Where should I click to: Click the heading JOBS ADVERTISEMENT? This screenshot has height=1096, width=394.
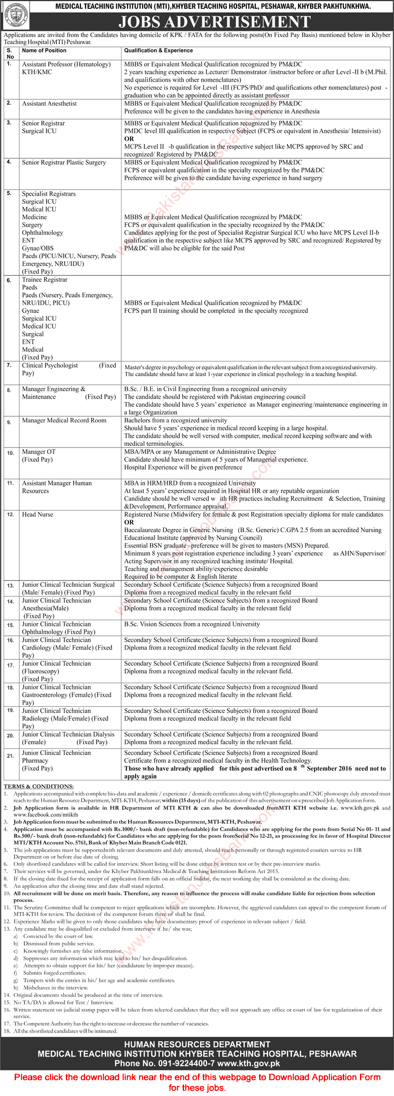[x=215, y=22]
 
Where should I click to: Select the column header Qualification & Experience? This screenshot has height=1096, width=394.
[x=158, y=51]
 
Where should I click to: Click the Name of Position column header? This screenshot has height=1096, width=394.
[x=44, y=51]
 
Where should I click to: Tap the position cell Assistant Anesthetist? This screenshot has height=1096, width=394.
[x=50, y=104]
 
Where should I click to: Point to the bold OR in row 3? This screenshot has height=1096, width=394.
[x=129, y=139]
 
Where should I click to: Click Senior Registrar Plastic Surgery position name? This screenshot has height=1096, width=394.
[x=64, y=162]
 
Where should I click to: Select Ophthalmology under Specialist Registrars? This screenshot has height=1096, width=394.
[x=42, y=233]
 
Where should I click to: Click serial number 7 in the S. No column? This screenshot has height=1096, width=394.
[x=9, y=366]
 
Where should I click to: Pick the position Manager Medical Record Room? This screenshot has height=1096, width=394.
[x=64, y=420]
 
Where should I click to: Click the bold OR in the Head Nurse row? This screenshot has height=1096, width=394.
[x=129, y=523]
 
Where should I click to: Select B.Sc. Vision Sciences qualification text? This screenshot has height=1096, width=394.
[x=192, y=624]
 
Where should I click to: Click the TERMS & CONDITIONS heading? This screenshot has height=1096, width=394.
[x=39, y=787]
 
